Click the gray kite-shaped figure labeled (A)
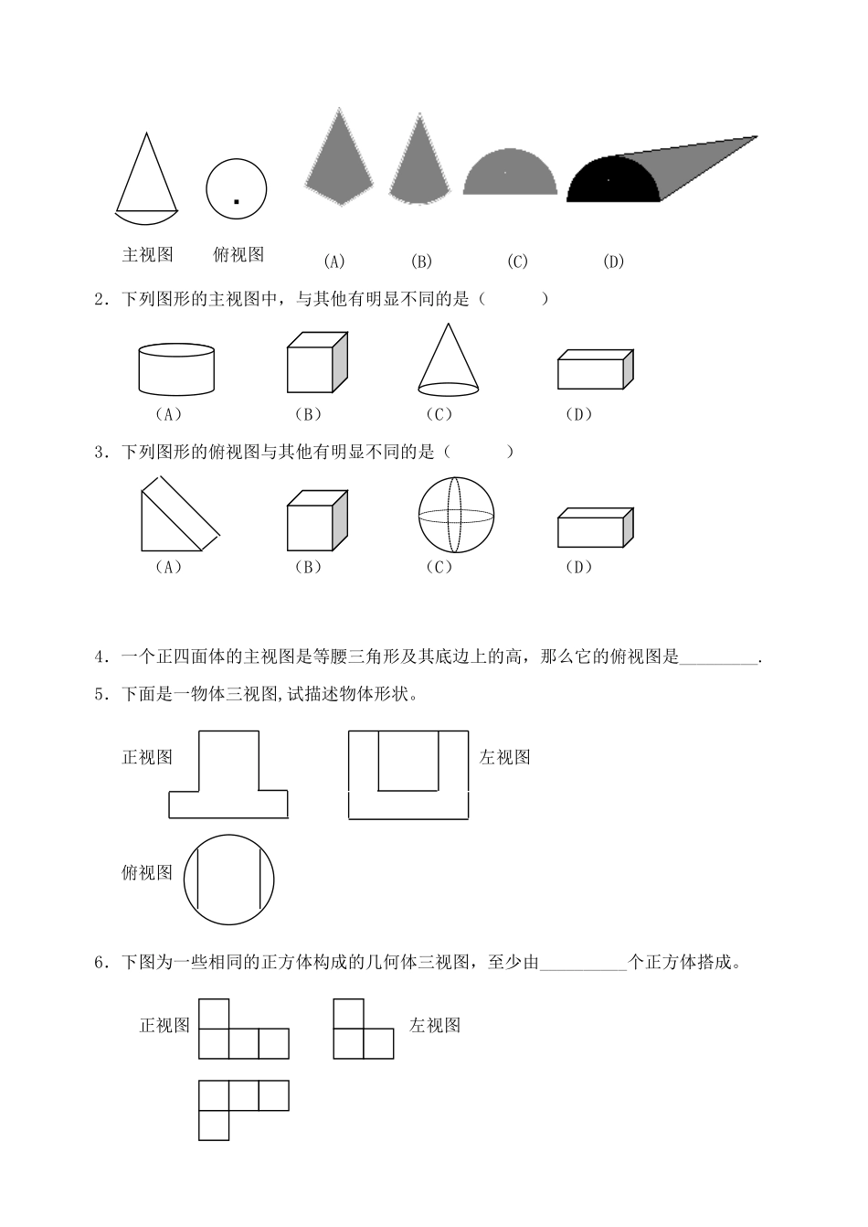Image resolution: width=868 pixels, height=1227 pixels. [338, 160]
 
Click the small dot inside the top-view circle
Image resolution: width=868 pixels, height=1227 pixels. [236, 201]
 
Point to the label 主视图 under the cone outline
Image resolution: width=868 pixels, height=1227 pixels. [147, 255]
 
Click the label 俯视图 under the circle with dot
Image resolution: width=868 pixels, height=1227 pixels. [238, 255]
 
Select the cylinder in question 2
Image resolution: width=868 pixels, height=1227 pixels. [177, 368]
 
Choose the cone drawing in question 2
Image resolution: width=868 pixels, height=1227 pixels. [448, 361]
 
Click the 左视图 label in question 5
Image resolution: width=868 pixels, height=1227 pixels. [504, 757]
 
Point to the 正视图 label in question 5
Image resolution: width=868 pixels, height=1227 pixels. [147, 757]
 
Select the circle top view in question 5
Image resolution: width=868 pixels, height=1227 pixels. [228, 880]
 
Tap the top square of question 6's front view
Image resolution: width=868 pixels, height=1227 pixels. [214, 1014]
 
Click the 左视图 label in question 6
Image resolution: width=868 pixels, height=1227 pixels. [435, 1026]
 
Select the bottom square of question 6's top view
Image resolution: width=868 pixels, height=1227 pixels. [214, 1126]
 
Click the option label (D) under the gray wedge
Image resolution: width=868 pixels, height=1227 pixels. [613, 261]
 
